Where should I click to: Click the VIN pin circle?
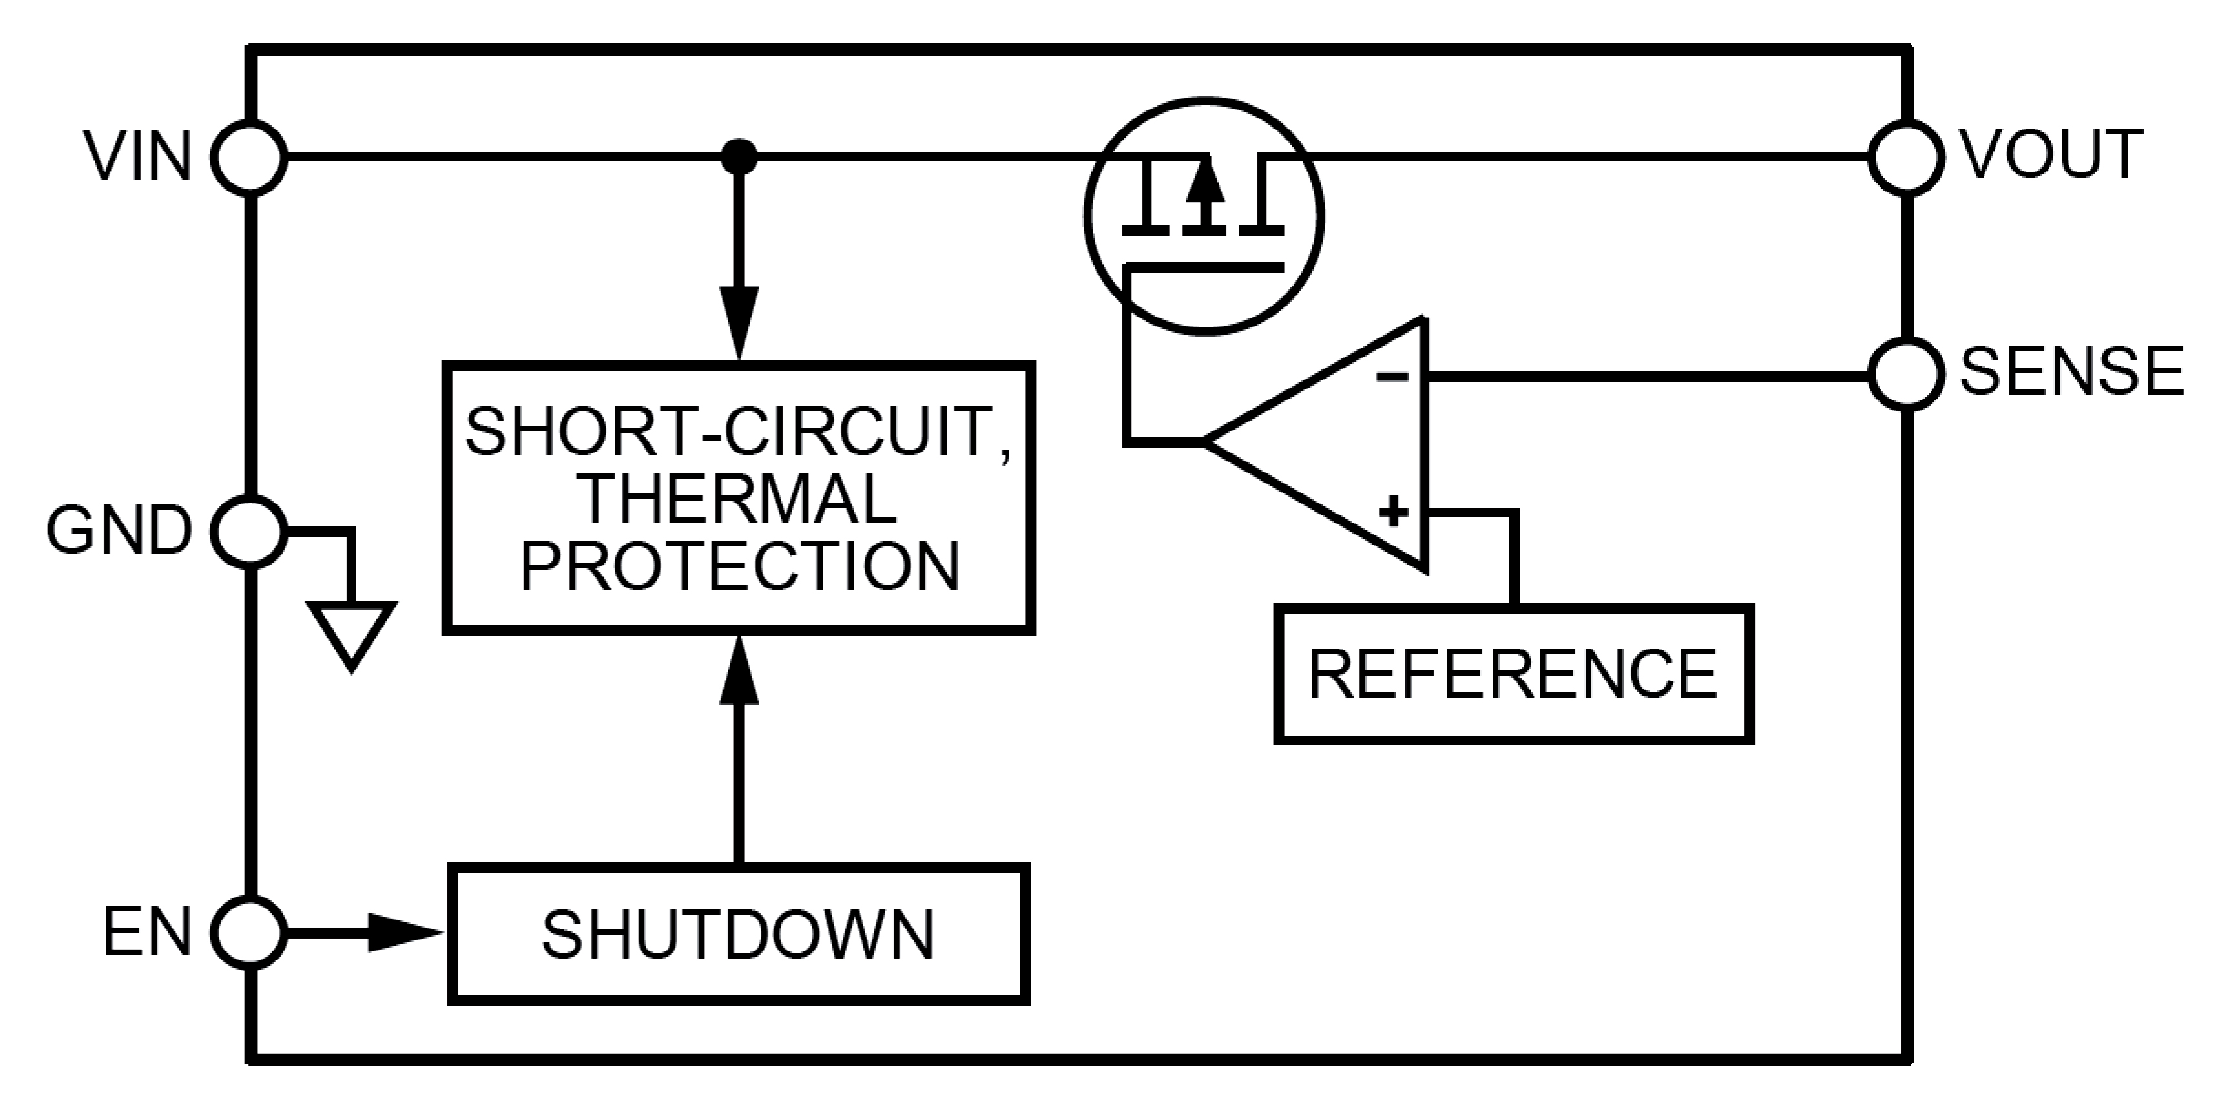coord(249,158)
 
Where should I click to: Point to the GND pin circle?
coord(249,532)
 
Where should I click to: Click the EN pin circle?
coord(249,933)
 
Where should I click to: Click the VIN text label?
coord(138,158)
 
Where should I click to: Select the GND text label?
coord(119,532)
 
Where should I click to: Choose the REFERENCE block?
coord(1513,674)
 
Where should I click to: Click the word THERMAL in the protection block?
coord(738,500)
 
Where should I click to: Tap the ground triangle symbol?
coord(351,633)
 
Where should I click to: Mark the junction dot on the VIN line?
coord(738,158)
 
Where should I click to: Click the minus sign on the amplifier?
coord(1392,377)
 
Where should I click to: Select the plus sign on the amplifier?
coord(1394,512)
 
